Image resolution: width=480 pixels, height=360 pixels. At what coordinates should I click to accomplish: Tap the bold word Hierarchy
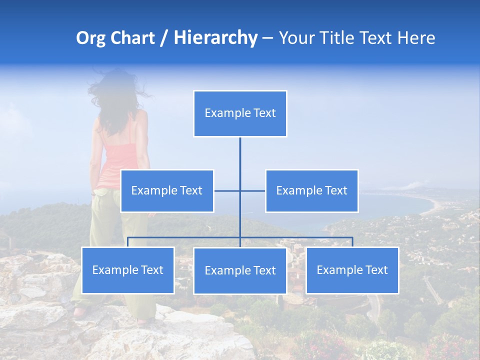[x=215, y=38]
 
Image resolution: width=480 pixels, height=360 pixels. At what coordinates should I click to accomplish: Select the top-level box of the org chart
[x=240, y=113]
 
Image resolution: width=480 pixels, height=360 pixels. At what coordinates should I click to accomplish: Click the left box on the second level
[x=167, y=190]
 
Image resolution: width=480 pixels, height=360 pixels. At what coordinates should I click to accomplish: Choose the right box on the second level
[x=311, y=190]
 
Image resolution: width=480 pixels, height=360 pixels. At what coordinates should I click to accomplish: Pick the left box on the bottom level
[x=127, y=270]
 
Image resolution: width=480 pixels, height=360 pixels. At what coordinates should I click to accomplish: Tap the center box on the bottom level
[x=240, y=270]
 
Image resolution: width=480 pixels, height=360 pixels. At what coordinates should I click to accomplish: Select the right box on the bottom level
[x=352, y=270]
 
